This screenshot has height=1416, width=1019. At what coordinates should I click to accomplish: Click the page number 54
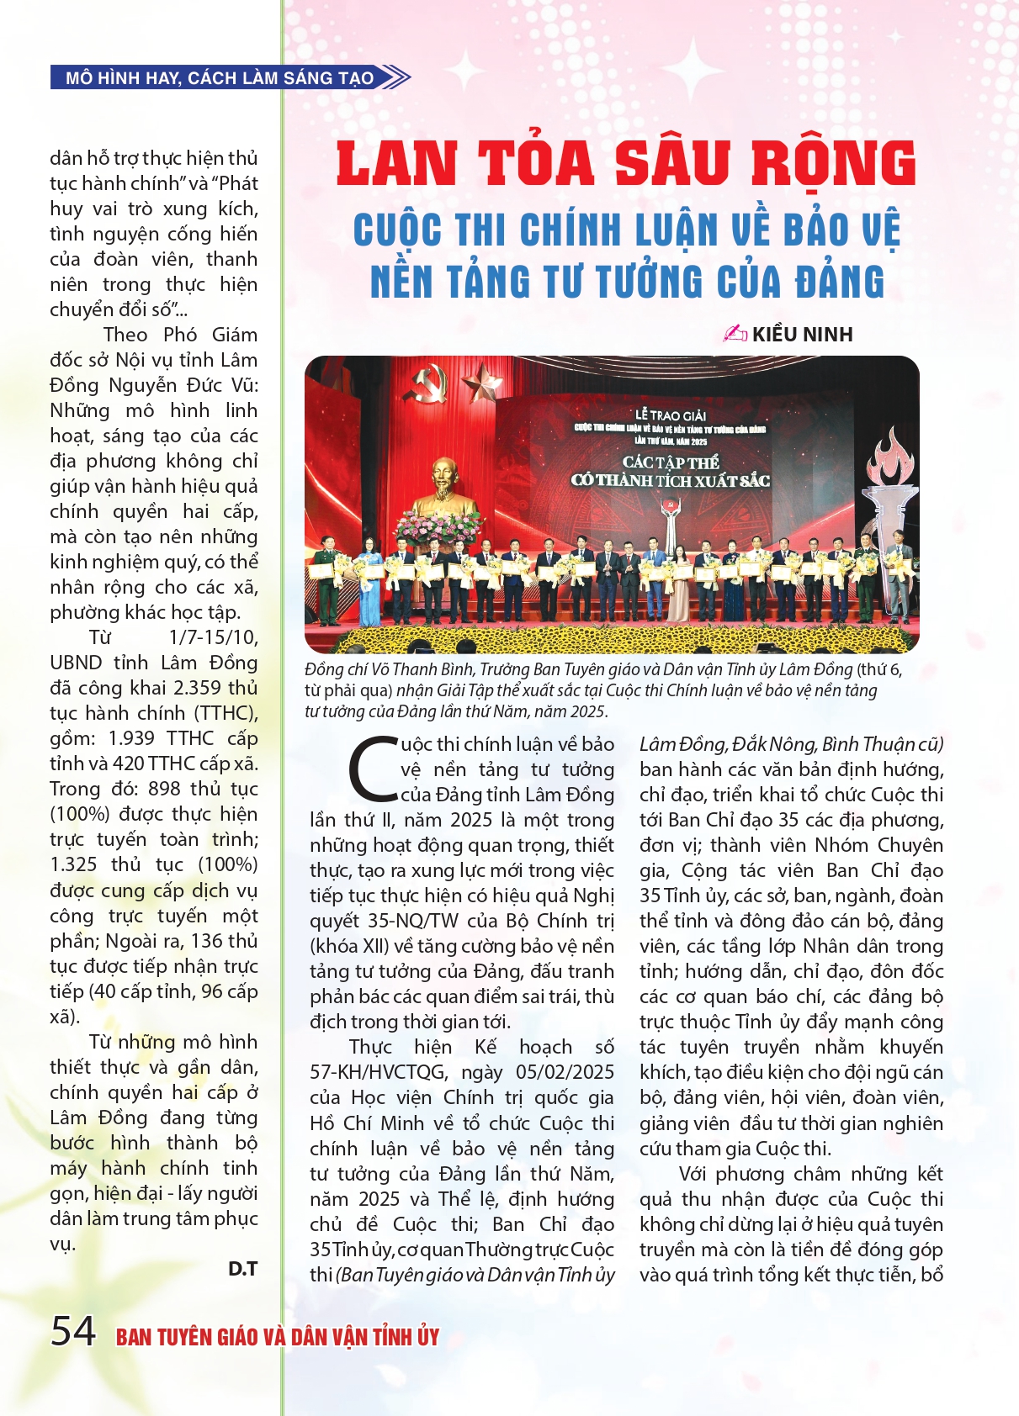[73, 1331]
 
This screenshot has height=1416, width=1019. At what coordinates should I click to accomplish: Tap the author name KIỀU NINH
[802, 335]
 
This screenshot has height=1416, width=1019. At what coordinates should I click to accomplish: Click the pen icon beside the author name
[735, 334]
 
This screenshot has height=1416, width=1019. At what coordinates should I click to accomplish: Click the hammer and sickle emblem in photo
[426, 383]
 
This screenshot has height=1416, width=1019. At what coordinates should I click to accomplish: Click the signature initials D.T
[242, 1269]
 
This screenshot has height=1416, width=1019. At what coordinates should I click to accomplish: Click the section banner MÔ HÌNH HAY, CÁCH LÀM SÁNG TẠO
[220, 78]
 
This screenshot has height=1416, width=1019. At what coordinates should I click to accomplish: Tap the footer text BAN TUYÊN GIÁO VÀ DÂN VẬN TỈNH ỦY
[278, 1337]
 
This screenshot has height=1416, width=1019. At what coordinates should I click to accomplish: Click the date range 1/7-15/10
[214, 637]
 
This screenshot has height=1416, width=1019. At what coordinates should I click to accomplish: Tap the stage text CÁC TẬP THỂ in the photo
[671, 462]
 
